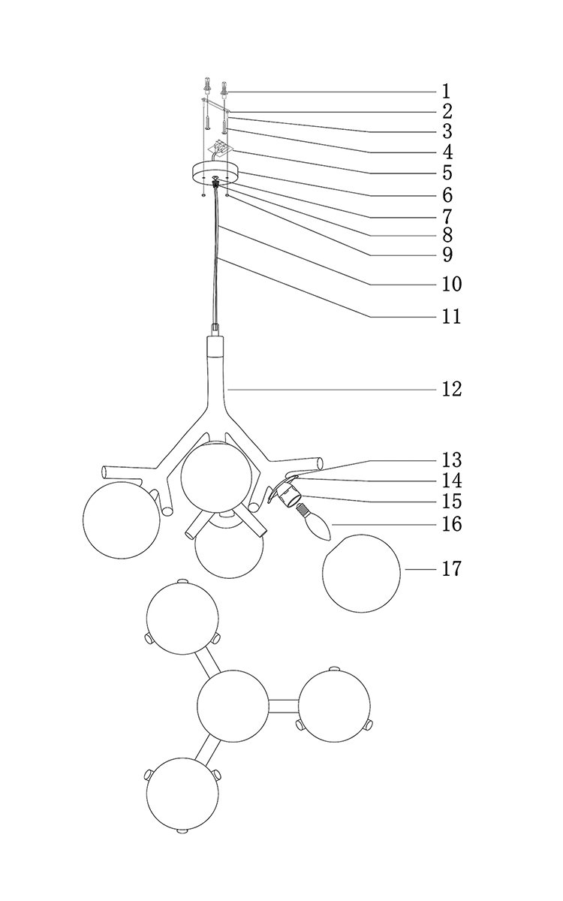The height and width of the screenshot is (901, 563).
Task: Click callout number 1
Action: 446,92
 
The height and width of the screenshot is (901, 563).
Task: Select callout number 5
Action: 447,172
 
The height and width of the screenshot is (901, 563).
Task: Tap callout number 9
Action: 447,255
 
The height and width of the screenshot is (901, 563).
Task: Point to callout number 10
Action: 451,285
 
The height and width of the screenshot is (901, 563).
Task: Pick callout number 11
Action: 450,317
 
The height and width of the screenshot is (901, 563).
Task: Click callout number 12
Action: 451,390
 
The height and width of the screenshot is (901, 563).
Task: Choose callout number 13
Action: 451,460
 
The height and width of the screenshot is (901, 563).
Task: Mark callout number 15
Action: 451,501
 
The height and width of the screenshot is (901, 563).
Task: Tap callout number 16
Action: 451,523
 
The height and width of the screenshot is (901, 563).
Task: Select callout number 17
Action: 451,569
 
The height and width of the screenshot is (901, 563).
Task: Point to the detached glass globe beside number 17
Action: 361,572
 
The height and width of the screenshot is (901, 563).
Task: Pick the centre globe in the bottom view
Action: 232,706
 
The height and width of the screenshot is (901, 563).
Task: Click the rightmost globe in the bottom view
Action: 336,704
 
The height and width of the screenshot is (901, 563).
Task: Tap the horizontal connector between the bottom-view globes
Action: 283,705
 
